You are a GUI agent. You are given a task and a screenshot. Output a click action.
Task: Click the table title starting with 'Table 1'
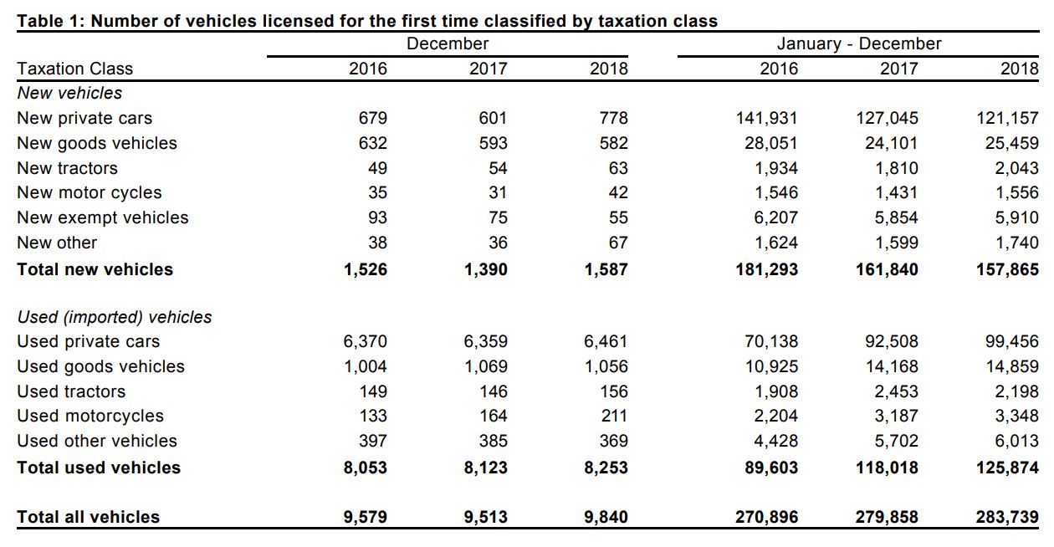[x=367, y=21]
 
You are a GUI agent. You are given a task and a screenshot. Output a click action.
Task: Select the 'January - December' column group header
[x=858, y=44]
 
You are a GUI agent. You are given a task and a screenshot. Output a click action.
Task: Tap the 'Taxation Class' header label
[x=74, y=69]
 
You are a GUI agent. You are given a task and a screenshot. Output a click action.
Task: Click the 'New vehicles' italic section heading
[x=69, y=93]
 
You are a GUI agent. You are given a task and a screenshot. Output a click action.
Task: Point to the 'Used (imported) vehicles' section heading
[x=115, y=317]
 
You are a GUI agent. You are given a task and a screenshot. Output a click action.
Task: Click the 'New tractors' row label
[x=67, y=168]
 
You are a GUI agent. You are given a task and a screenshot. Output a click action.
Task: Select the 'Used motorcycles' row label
[x=90, y=416]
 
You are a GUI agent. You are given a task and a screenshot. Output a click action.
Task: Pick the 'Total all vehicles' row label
[x=88, y=517]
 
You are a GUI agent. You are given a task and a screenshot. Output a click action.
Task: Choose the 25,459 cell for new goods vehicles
[x=1011, y=143]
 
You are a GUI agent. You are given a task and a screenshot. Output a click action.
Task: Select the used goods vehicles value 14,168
[x=891, y=366]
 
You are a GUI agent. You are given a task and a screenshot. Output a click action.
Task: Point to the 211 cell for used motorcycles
[x=613, y=416]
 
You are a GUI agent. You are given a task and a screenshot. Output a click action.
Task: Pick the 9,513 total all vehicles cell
[x=485, y=517]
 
